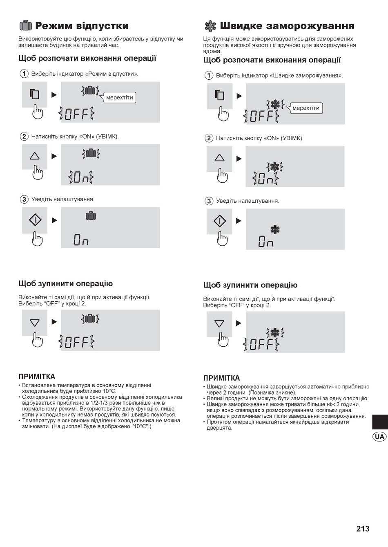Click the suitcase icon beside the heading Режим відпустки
coord(26,26)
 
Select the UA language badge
coord(379,436)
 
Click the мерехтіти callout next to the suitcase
coord(120,98)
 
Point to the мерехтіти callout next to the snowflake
coord(305,108)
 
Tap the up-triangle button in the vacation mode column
coord(35,156)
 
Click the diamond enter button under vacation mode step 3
coord(35,220)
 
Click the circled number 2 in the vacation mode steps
coord(24,136)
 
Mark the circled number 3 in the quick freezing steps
coord(209,201)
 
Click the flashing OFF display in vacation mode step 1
coord(77,114)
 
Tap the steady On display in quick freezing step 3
coord(266,241)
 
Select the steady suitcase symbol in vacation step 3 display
coord(91,216)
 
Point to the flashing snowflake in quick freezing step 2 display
coord(275,167)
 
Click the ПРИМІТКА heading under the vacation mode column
coord(37,377)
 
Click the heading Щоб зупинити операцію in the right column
coord(250,285)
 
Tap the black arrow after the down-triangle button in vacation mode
coord(54,322)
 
